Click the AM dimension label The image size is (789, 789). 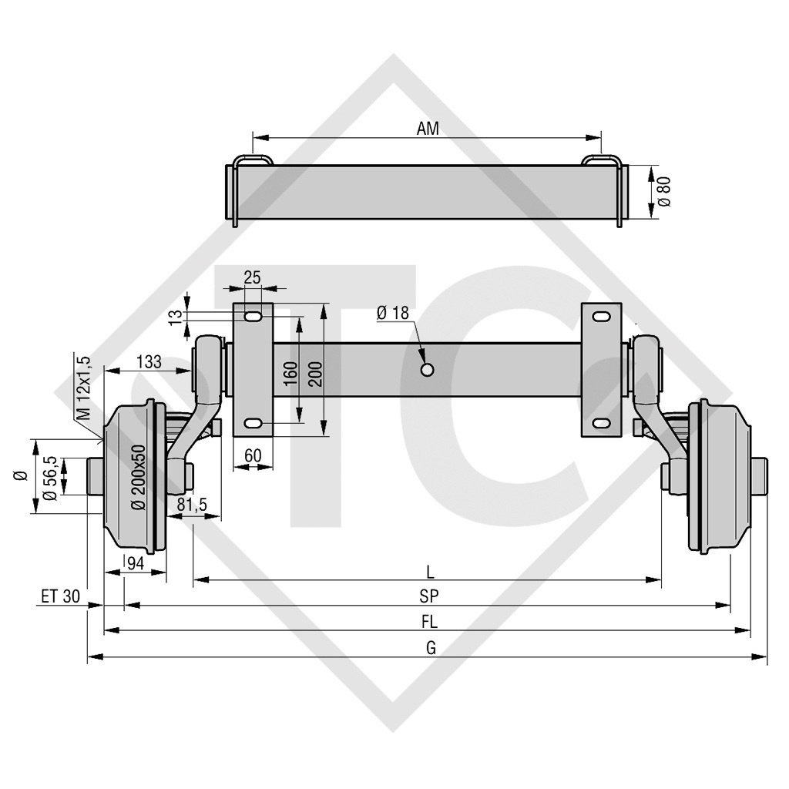(x=428, y=129)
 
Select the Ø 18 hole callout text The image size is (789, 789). (x=393, y=313)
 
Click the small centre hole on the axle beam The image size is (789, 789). (x=426, y=370)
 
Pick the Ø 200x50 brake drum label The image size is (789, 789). (x=139, y=478)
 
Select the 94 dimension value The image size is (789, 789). (x=135, y=563)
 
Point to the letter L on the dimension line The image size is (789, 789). (x=430, y=572)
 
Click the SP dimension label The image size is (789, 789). (x=429, y=596)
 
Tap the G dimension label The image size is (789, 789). (x=431, y=648)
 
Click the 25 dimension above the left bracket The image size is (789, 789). (x=251, y=277)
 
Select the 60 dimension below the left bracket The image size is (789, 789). (x=252, y=455)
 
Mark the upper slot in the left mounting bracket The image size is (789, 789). (x=252, y=317)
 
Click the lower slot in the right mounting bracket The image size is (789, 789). (x=600, y=423)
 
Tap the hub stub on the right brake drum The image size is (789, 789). (x=760, y=477)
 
